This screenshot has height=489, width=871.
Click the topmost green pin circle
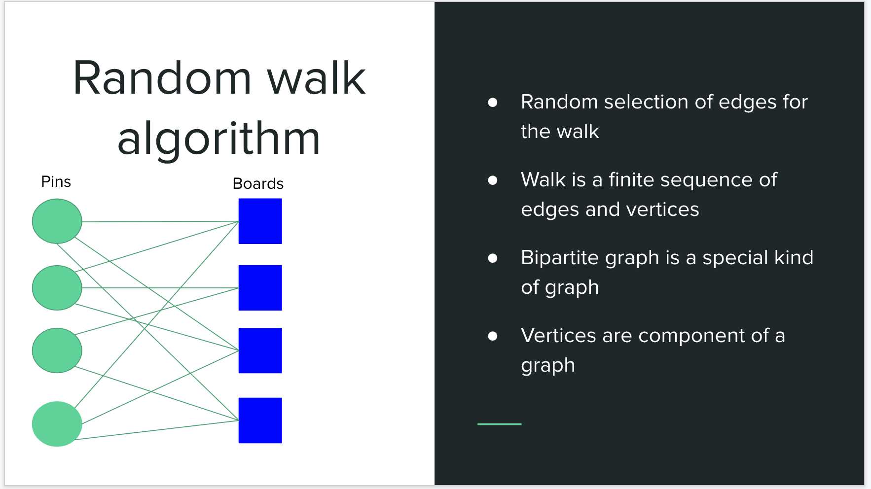pyautogui.click(x=57, y=221)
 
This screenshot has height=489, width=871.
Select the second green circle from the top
pyautogui.click(x=57, y=288)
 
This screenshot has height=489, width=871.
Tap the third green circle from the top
pyautogui.click(x=57, y=350)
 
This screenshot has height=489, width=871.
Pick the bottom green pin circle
pyautogui.click(x=57, y=424)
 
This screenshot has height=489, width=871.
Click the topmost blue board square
pyautogui.click(x=260, y=221)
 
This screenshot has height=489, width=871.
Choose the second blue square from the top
pyautogui.click(x=260, y=288)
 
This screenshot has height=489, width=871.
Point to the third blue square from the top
pyautogui.click(x=260, y=350)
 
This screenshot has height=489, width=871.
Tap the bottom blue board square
pyautogui.click(x=260, y=420)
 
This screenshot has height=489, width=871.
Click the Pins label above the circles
pyautogui.click(x=56, y=182)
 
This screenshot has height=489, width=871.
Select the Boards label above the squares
pyautogui.click(x=258, y=184)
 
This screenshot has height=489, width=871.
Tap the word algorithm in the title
pyautogui.click(x=219, y=139)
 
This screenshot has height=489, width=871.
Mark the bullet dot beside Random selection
pyautogui.click(x=492, y=103)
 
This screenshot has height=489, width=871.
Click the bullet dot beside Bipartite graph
pyautogui.click(x=492, y=258)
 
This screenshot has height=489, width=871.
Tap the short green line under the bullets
pyautogui.click(x=499, y=424)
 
